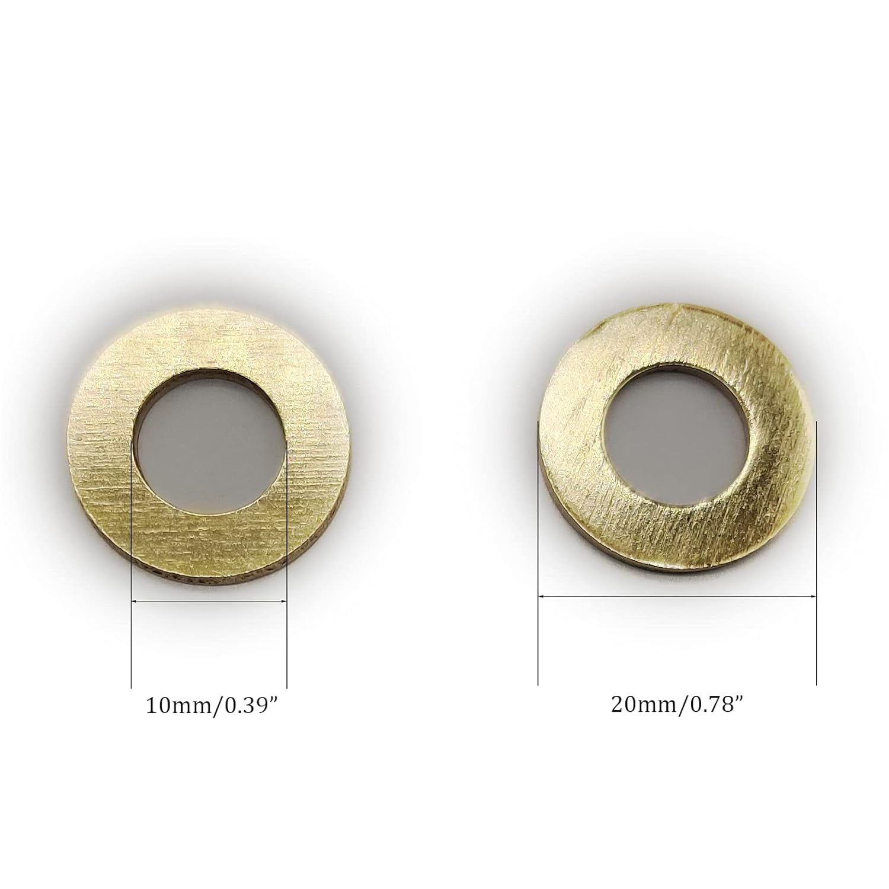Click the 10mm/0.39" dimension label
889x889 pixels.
pos(212,706)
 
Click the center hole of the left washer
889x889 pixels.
pos(208,442)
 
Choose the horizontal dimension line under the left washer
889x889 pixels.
pos(209,601)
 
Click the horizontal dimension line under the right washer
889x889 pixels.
pos(677,595)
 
